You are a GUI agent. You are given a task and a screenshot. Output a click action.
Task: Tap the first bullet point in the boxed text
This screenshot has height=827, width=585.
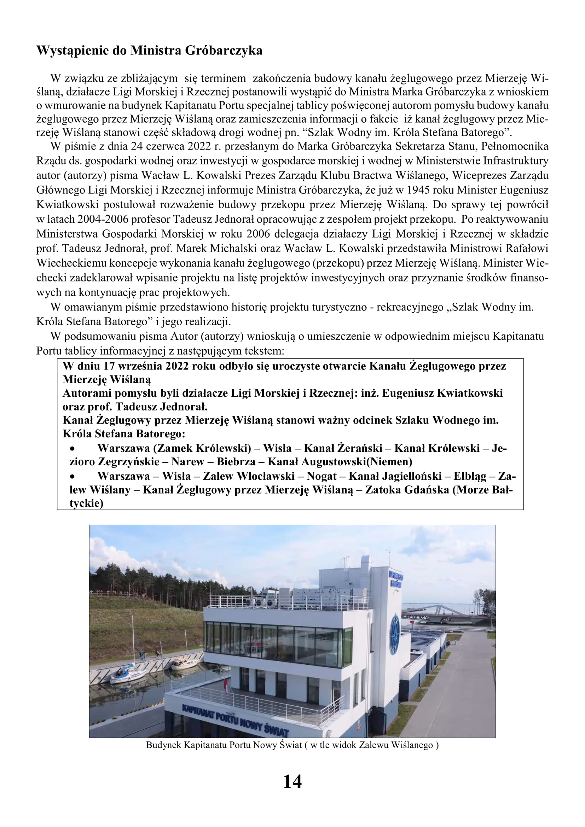(73, 449)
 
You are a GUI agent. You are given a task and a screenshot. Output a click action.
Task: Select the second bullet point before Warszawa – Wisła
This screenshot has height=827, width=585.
(73, 477)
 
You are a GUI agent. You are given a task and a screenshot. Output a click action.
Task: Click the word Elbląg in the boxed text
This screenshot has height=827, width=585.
(470, 476)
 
